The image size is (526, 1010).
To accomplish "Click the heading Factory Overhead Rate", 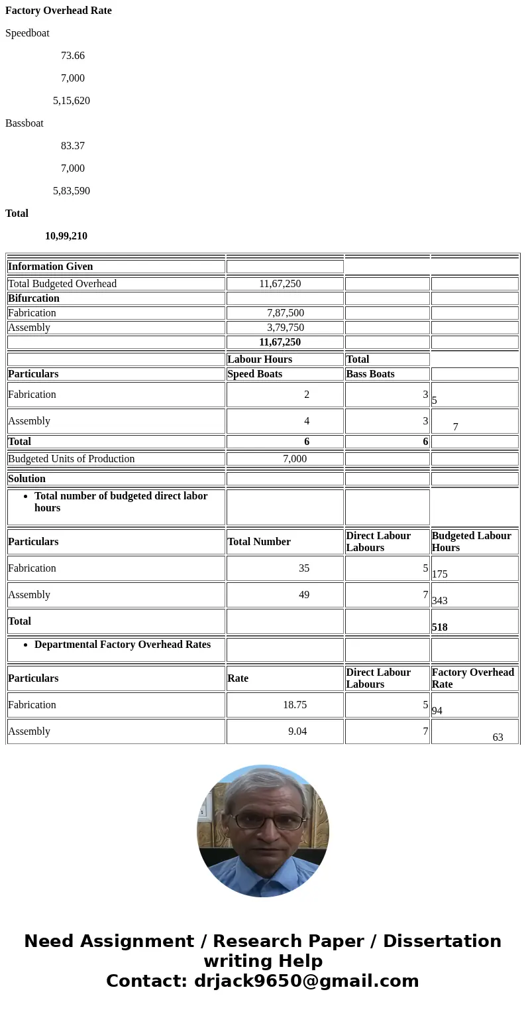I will point(58,11).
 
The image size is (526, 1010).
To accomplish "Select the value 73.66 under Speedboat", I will point(73,56).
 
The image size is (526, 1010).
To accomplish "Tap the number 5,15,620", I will point(72,101).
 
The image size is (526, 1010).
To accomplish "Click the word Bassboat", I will point(25,123).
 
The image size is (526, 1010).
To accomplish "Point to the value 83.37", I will point(73,146).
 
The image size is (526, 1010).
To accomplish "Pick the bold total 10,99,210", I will point(66,236).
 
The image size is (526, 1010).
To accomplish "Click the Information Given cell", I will point(50,267).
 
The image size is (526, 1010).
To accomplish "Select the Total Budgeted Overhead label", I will point(62,284).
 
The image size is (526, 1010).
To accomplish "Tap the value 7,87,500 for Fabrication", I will point(286,313).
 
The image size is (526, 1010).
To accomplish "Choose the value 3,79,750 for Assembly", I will point(286,328).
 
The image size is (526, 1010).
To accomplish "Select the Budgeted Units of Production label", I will point(72,459).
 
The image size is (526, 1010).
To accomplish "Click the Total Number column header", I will point(259,542).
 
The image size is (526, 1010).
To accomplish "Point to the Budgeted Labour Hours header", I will point(471,542).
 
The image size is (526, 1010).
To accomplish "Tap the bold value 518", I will point(440,627).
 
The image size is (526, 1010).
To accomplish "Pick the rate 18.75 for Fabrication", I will point(295,705).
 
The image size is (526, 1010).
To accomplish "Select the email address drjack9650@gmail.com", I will point(307,981).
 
